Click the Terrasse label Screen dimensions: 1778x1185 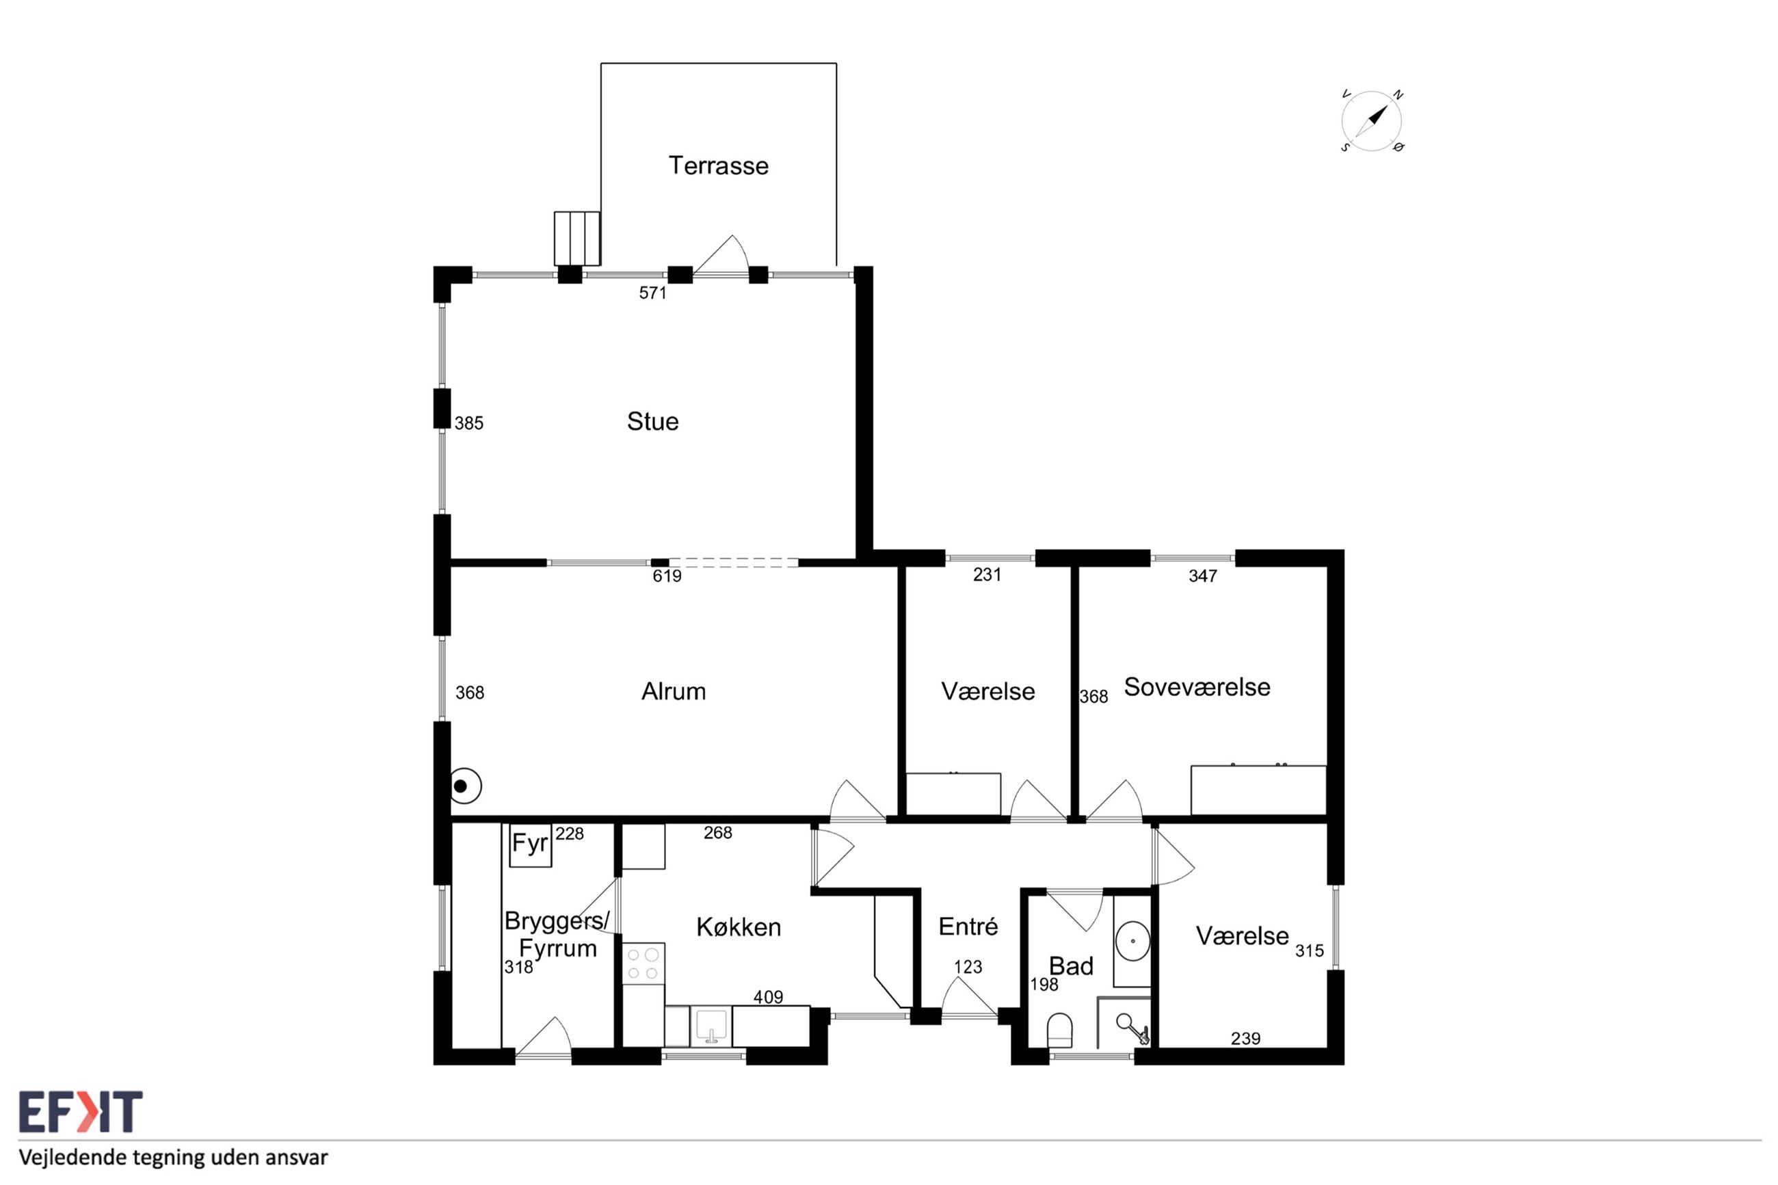(718, 165)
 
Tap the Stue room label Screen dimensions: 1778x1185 (653, 421)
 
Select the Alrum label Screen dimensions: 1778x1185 (674, 691)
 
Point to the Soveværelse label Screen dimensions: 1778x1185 (1197, 687)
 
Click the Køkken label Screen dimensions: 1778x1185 (739, 927)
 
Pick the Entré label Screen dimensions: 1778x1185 (968, 926)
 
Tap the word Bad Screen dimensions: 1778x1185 (1071, 965)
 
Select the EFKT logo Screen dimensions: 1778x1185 (80, 1111)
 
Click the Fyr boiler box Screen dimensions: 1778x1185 (531, 845)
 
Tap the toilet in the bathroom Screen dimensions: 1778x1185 (1060, 1032)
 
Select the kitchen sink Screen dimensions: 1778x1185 (711, 1026)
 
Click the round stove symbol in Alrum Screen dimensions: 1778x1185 (466, 786)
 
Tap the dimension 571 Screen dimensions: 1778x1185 (653, 293)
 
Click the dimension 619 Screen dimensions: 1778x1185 (667, 576)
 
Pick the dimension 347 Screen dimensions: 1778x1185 (1203, 576)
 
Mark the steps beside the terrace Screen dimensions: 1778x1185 (577, 238)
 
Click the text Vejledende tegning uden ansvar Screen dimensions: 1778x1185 (174, 1157)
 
